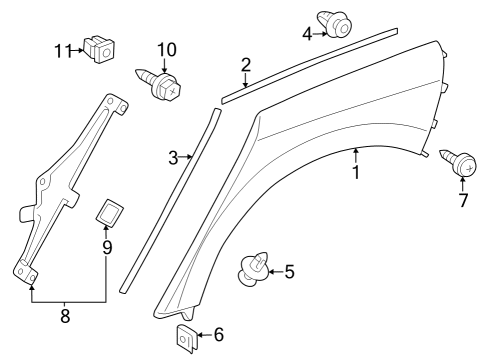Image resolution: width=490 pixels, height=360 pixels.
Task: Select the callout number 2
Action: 245,66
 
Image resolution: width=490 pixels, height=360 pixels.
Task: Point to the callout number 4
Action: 308,33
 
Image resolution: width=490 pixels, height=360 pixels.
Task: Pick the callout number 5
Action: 289,271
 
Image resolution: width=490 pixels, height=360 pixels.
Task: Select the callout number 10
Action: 166,49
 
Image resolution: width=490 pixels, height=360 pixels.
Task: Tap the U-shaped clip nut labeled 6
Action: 187,340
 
